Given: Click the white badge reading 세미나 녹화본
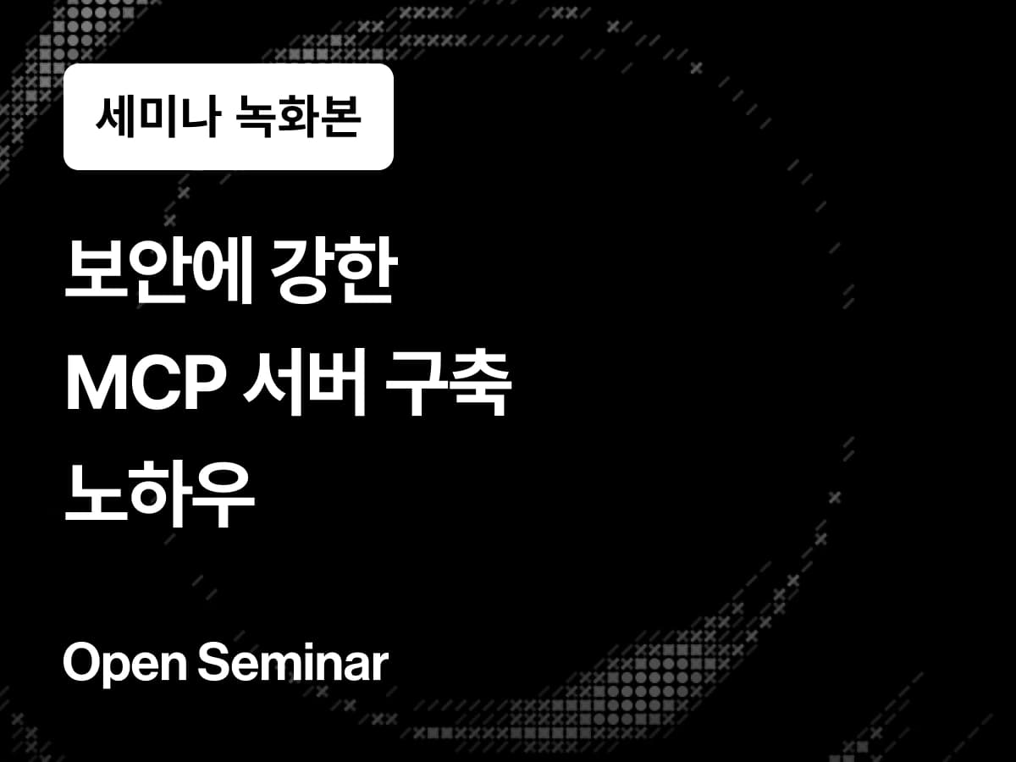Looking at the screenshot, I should pos(228,117).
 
